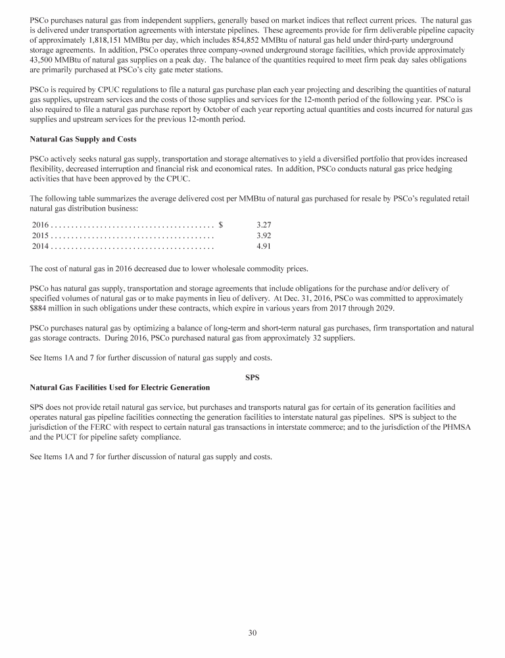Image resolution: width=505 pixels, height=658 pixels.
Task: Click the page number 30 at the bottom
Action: pos(252,633)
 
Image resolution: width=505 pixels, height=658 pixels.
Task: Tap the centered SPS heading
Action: pos(252,376)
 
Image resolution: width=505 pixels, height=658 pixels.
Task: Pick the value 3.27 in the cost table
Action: pos(264,224)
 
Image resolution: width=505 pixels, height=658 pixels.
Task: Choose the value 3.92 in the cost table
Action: pos(264,235)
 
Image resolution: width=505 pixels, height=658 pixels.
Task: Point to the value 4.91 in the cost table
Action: pos(264,246)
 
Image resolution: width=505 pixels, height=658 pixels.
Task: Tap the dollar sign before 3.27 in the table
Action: pos(221,224)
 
